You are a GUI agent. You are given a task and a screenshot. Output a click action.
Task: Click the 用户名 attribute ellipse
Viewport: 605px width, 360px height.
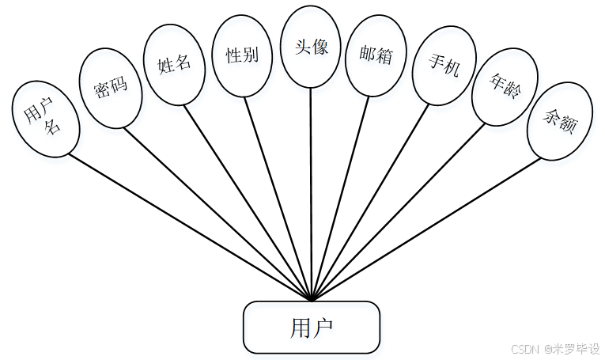[x=45, y=119]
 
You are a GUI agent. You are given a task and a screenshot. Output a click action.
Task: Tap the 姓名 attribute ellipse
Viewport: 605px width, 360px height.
[x=175, y=64]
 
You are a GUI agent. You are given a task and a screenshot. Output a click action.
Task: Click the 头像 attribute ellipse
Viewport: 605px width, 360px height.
[x=310, y=47]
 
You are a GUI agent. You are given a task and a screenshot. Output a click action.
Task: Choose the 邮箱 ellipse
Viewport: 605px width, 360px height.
[x=376, y=55]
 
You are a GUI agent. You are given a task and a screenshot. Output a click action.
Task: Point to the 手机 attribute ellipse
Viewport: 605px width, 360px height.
[x=444, y=65]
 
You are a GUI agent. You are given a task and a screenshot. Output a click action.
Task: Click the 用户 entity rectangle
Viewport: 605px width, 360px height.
[x=312, y=327]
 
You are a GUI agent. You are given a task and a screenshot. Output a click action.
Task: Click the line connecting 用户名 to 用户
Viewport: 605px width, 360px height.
[x=190, y=227]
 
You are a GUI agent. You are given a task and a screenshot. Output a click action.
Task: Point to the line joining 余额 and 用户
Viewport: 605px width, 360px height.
[x=427, y=229]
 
